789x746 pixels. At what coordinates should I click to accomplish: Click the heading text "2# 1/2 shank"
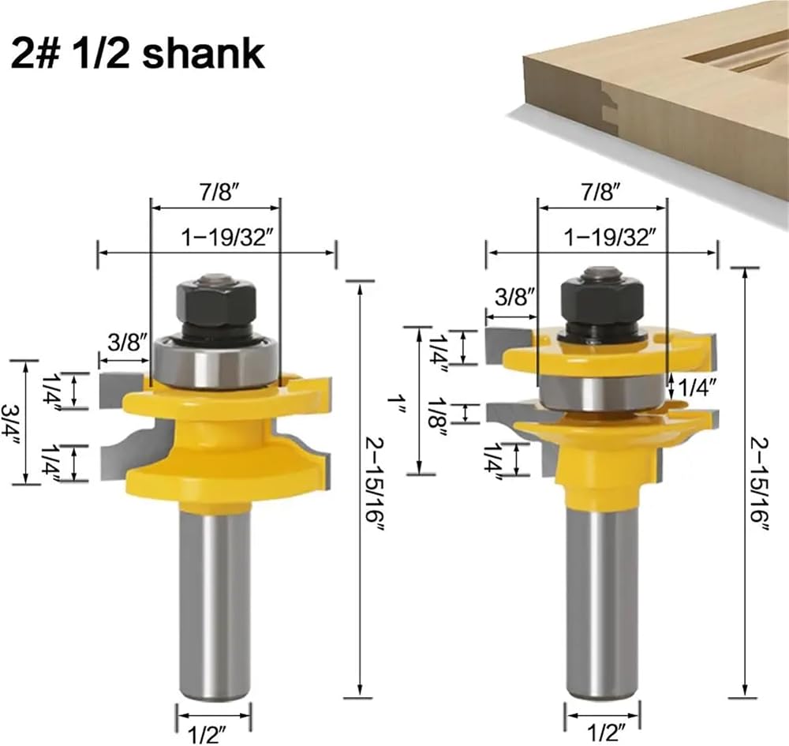click(137, 54)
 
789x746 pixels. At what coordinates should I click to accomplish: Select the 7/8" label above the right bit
click(602, 192)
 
